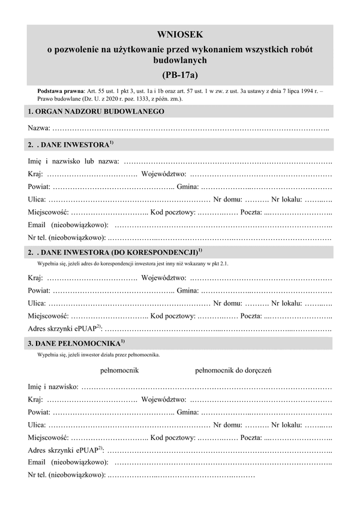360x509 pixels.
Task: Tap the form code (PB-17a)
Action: point(180,75)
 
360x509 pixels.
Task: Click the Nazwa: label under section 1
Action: point(39,128)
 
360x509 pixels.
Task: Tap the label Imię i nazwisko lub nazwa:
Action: point(73,161)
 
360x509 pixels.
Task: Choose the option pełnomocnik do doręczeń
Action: point(234,371)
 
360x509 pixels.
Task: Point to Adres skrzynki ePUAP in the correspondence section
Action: point(64,328)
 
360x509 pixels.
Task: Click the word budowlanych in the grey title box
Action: point(180,61)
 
